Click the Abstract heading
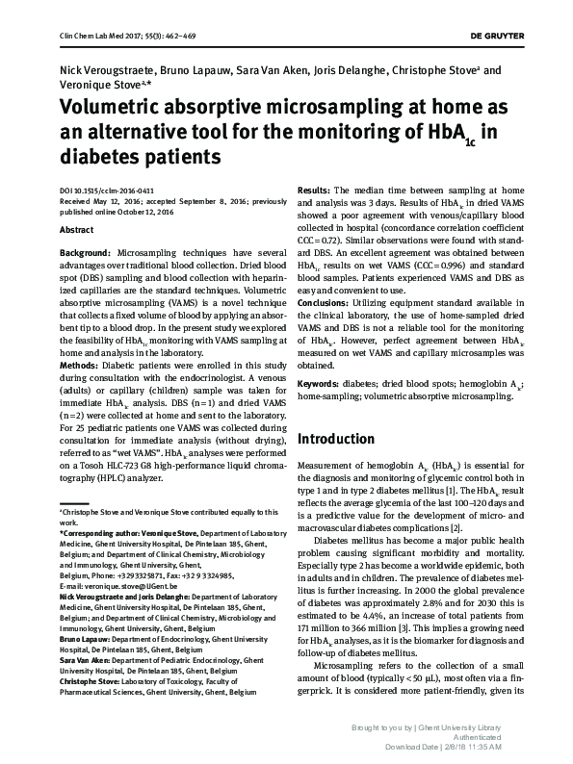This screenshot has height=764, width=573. pos(77,231)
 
